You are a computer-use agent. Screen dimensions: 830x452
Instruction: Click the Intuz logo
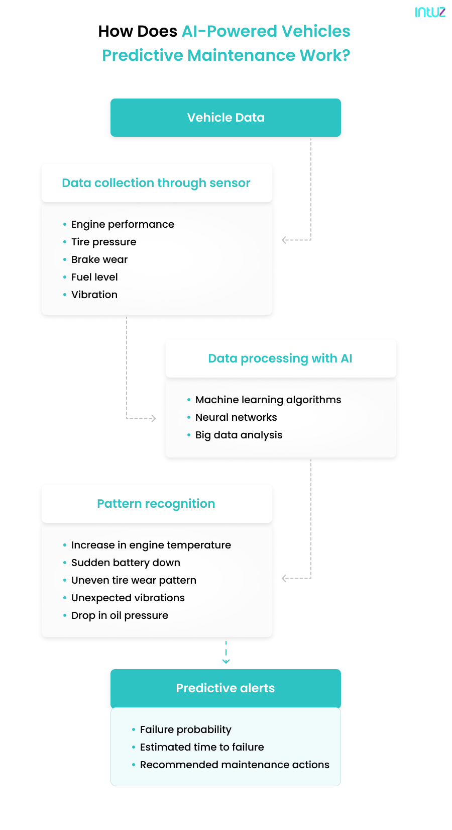[430, 12]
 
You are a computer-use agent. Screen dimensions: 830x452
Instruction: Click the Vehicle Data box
[225, 118]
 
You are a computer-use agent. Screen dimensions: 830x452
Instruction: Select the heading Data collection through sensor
[156, 183]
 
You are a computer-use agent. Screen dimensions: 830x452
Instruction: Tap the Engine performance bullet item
[123, 224]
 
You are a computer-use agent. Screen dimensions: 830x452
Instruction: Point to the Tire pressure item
[103, 242]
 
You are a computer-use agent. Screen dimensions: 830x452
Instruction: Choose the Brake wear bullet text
[99, 259]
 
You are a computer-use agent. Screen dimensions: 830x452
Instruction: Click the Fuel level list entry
[94, 277]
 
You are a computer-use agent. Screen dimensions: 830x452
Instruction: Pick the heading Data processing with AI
[280, 358]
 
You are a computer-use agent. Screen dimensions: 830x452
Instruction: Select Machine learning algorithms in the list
[268, 400]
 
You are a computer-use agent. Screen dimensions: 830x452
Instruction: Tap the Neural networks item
[236, 417]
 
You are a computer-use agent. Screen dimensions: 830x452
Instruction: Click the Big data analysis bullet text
[239, 435]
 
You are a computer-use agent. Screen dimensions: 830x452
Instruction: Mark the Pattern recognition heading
[156, 504]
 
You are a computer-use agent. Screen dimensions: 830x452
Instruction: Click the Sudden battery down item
[126, 563]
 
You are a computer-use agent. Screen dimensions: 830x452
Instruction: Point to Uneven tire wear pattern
[134, 580]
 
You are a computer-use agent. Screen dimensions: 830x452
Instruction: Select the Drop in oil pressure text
[120, 615]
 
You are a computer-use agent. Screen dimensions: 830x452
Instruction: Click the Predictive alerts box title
[225, 688]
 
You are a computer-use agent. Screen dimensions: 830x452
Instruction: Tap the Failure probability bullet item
[186, 729]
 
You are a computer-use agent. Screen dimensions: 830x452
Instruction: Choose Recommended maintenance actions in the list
[235, 765]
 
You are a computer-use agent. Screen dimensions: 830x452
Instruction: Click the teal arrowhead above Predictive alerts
[226, 661]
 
